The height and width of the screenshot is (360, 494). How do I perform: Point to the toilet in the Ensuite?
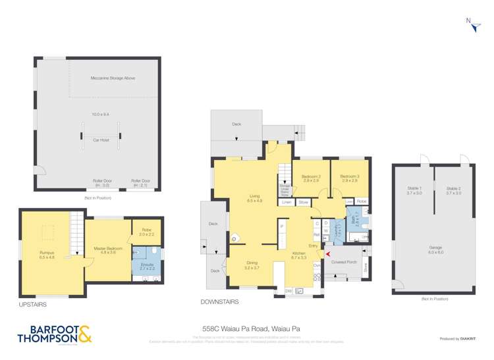(x=153, y=251)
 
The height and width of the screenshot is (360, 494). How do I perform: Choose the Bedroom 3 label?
(x=349, y=177)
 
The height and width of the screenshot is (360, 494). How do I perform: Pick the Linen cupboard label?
(x=287, y=202)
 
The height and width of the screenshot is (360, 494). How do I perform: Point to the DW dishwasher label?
(x=288, y=290)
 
